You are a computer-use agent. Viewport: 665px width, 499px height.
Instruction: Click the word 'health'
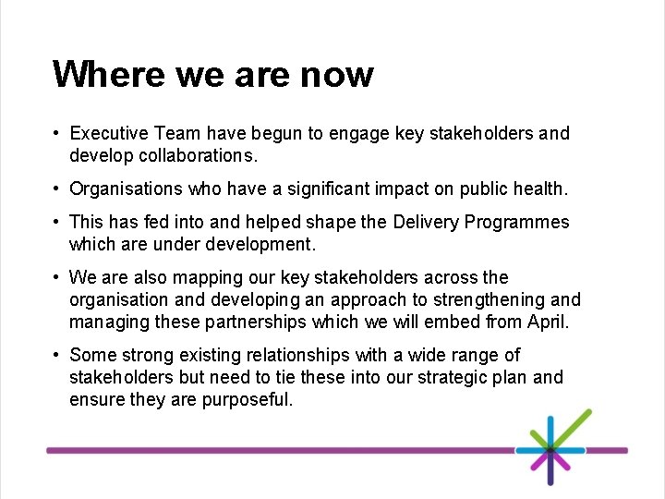(x=539, y=189)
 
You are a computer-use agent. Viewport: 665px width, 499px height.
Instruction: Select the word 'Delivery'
(x=426, y=223)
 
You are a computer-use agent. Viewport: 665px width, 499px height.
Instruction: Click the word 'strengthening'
(x=487, y=300)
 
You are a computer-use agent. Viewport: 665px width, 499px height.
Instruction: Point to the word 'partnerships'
(x=259, y=323)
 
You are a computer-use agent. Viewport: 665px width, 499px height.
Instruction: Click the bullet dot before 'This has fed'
(x=57, y=223)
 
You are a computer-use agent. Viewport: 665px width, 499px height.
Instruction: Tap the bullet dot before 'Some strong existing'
(x=57, y=356)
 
